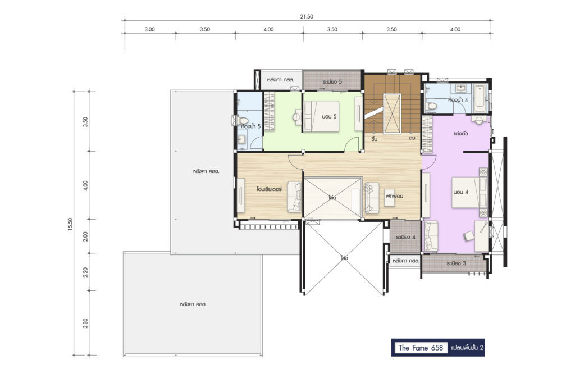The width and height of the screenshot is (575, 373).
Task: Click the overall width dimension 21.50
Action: click(307, 16)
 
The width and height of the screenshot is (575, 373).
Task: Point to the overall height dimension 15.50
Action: click(70, 225)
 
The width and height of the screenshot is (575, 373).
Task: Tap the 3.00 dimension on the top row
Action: click(149, 29)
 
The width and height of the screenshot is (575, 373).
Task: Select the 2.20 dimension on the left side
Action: click(85, 272)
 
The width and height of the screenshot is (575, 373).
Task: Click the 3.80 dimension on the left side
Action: click(85, 323)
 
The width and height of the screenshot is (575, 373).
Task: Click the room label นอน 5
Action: click(329, 116)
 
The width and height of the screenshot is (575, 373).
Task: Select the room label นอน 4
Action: click(460, 192)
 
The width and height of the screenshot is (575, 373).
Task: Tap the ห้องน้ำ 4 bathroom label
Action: click(458, 100)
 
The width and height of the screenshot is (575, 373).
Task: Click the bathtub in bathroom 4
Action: click(479, 98)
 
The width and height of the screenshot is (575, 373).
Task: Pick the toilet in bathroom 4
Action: click(431, 106)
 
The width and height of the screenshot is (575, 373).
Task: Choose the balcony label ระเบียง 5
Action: click(332, 81)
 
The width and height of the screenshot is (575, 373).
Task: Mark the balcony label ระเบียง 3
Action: click(456, 263)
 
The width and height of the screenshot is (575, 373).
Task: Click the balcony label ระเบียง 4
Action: click(405, 237)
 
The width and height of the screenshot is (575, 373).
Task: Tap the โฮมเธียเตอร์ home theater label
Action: click(269, 189)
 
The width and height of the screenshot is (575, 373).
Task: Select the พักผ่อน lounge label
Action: click(394, 196)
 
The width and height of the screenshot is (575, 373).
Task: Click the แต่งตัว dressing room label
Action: click(460, 134)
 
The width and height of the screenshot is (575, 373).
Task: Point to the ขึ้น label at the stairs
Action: click(374, 139)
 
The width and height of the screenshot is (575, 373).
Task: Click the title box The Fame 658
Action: click(421, 348)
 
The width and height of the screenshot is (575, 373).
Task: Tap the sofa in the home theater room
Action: click(294, 197)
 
